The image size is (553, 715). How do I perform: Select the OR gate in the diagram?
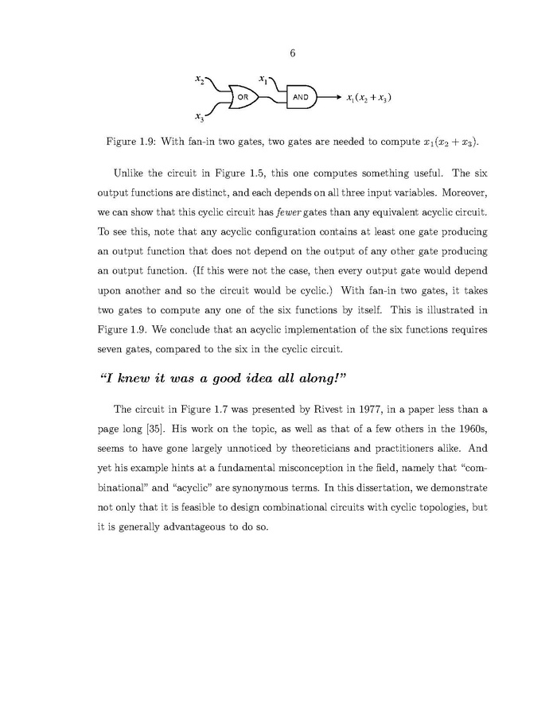pos(243,98)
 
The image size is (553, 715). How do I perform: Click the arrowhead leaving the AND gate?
pos(337,98)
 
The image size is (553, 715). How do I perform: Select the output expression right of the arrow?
pos(368,98)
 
